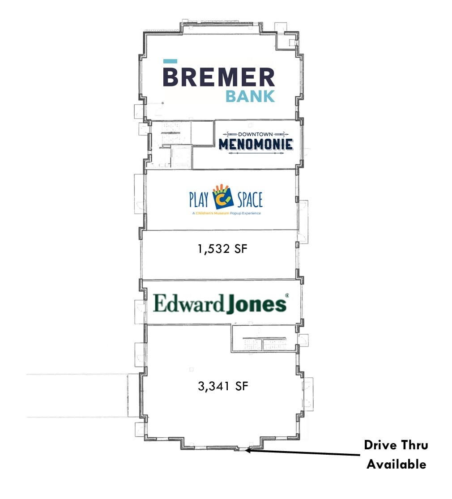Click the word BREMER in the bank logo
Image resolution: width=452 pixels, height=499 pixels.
point(218,77)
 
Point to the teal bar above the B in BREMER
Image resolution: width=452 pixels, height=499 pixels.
point(170,61)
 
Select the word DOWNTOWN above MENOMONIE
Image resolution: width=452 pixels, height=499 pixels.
point(256,134)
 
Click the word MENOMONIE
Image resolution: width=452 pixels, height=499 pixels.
point(256,144)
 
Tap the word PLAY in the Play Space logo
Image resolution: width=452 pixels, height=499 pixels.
point(200,199)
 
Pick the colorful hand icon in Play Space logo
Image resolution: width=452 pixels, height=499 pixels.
point(224,196)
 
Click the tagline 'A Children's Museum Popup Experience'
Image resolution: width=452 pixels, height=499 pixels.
point(226,213)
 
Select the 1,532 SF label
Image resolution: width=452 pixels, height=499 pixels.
point(222,249)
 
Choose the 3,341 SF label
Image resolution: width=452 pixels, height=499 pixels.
point(222,386)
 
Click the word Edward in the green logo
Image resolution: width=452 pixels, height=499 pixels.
point(188,304)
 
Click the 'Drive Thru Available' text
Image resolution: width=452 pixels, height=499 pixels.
point(396,455)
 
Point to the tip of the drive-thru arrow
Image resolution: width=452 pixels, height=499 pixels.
point(247,451)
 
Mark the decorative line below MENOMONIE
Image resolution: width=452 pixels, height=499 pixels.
point(256,153)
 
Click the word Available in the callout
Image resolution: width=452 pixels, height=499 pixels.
point(397,465)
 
